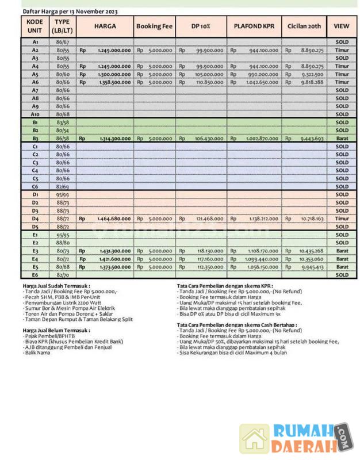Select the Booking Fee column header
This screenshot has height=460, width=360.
(154, 27)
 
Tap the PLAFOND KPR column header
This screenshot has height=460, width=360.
(254, 27)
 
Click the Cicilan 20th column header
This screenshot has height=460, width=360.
(305, 27)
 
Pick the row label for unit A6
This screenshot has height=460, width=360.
(35, 82)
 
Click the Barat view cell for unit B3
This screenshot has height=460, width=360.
(342, 139)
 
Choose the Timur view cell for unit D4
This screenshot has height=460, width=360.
(342, 218)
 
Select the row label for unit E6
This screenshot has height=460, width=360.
(35, 275)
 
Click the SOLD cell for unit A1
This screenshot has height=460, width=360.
(342, 43)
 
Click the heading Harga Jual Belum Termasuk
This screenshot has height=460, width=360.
(56, 331)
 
